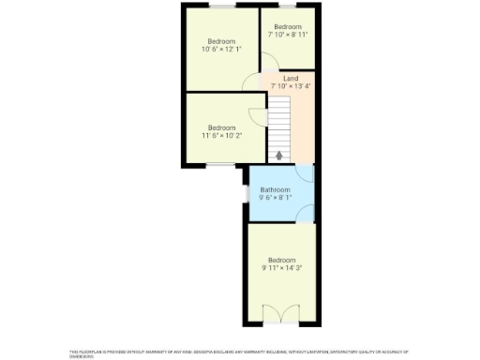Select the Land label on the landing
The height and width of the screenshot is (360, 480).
pyautogui.click(x=291, y=78)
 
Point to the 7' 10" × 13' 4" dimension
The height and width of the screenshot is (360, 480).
pyautogui.click(x=291, y=86)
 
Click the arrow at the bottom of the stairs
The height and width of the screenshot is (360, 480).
pyautogui.click(x=278, y=156)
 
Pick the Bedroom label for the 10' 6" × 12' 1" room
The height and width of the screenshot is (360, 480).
pyautogui.click(x=221, y=40)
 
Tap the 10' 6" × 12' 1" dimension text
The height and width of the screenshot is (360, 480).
pyautogui.click(x=221, y=49)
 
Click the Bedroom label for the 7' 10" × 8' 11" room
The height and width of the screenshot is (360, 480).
pyautogui.click(x=288, y=27)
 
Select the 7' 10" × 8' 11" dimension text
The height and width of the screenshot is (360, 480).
pyautogui.click(x=288, y=36)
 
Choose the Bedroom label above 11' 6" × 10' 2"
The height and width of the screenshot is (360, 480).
pyautogui.click(x=221, y=127)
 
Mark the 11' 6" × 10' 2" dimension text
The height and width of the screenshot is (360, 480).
pyautogui.click(x=221, y=136)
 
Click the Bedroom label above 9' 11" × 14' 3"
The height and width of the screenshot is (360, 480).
pyautogui.click(x=281, y=260)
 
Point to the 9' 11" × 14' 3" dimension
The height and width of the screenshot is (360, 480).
pyautogui.click(x=281, y=268)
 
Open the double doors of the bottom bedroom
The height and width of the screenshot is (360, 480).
pyautogui.click(x=280, y=313)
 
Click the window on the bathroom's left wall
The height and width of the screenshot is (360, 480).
pyautogui.click(x=248, y=194)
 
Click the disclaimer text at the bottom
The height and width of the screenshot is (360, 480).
pyautogui.click(x=240, y=352)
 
